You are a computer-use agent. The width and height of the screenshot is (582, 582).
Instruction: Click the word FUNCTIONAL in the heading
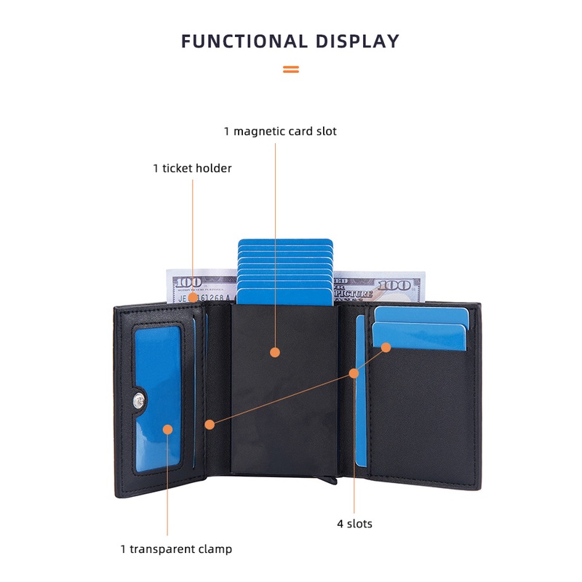pyautogui.click(x=244, y=41)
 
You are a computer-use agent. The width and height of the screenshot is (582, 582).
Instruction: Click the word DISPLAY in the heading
pyautogui.click(x=357, y=41)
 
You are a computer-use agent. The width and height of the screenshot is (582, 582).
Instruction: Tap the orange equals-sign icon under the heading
pyautogui.click(x=290, y=69)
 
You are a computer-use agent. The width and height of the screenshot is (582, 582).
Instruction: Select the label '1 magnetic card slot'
pyautogui.click(x=280, y=131)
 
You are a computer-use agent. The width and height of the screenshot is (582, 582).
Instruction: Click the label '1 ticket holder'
pyautogui.click(x=192, y=168)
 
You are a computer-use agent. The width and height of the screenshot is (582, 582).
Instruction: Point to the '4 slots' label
pyautogui.click(x=354, y=524)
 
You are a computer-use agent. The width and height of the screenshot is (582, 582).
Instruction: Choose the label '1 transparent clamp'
pyautogui.click(x=176, y=549)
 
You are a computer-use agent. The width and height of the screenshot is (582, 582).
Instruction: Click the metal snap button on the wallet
pyautogui.click(x=139, y=401)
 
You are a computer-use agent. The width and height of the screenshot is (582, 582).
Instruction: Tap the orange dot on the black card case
pyautogui.click(x=275, y=352)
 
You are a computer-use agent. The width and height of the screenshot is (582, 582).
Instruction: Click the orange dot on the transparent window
pyautogui.click(x=168, y=429)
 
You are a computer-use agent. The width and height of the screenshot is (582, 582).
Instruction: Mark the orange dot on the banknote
pyautogui.click(x=193, y=298)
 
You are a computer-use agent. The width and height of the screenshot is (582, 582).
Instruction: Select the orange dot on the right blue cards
pyautogui.click(x=386, y=348)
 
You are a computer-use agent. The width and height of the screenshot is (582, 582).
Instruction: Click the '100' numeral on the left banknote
pyautogui.click(x=188, y=282)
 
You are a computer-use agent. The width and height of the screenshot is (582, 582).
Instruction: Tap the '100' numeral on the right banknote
pyautogui.click(x=394, y=285)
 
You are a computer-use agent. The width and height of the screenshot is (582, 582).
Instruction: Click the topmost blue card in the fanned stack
pyautogui.click(x=285, y=242)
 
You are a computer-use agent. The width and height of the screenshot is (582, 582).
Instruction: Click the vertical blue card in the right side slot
pyautogui.click(x=360, y=391)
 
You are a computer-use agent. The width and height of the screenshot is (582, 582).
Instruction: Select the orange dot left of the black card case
pyautogui.click(x=210, y=425)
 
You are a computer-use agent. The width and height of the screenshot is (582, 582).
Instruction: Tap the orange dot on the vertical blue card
pyautogui.click(x=354, y=373)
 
